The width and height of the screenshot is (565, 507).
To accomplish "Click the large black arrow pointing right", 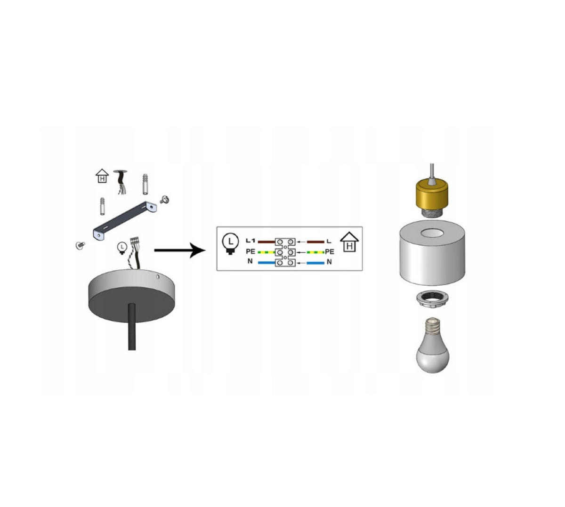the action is coord(180,250).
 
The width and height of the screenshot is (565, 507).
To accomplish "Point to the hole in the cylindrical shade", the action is coord(432,233).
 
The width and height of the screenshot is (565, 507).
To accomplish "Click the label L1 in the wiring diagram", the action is coord(250,241).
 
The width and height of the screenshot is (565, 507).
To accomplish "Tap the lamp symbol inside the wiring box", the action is coord(230,243).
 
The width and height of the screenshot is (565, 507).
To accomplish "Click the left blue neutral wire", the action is coord(266,262).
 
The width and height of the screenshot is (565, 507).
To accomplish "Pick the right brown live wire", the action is coord(315,242).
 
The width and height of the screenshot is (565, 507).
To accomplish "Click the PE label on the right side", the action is coord(330,252).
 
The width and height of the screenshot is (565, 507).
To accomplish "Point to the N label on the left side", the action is coord(250,261).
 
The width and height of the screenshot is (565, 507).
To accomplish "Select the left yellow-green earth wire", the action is coord(266,252).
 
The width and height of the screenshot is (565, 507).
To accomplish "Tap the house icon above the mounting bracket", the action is coord(102,176).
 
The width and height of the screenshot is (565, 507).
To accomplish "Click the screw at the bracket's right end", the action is coord(164,200).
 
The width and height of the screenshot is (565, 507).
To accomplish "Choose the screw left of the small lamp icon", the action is coord(81,245).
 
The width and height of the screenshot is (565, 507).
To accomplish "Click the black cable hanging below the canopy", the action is coord(132,327).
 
